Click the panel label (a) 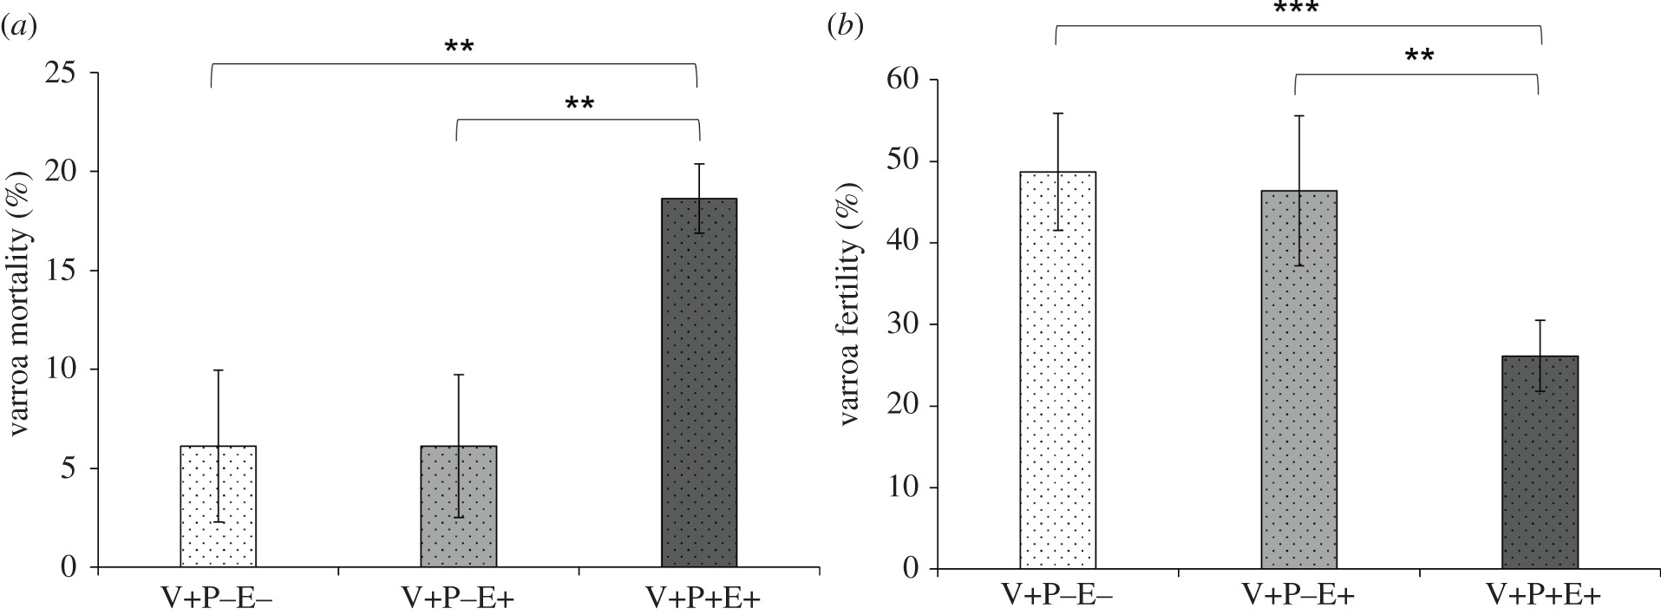[18, 27]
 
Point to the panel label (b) [844, 27]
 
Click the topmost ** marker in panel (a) [459, 46]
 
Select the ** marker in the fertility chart [1419, 57]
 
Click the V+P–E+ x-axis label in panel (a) [458, 597]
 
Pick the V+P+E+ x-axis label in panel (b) [1542, 596]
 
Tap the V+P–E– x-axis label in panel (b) [1057, 596]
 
